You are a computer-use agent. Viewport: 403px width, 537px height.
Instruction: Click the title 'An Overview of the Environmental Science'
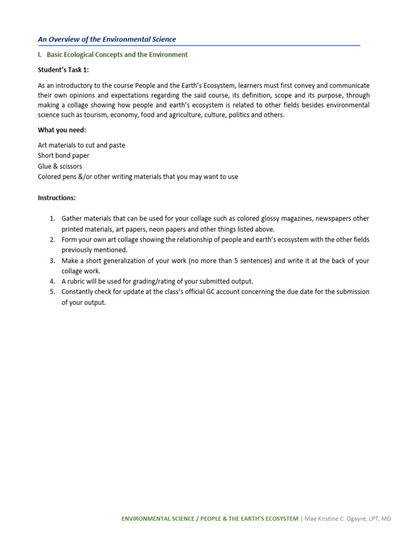coord(107,39)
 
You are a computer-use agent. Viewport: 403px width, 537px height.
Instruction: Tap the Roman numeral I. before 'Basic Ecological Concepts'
coord(40,55)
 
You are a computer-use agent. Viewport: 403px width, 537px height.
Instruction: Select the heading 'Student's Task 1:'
coord(59,70)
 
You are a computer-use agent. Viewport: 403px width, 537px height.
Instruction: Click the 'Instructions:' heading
coord(57,198)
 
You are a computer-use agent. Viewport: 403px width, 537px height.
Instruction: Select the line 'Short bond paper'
coord(63,156)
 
